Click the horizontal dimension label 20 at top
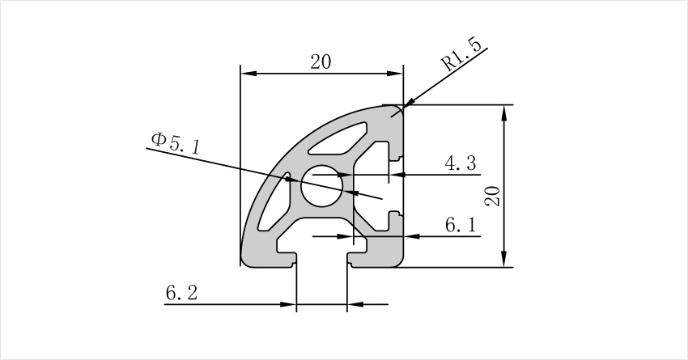321,61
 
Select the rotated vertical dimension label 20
492,196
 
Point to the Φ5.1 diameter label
176,143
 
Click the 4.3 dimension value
460,163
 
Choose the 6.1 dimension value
461,225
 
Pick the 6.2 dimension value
181,293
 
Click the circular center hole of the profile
321,186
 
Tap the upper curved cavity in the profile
338,139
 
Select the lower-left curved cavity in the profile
274,201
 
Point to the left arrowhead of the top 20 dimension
248,74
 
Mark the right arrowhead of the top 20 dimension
395,74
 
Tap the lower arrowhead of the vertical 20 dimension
504,259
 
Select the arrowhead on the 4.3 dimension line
397,175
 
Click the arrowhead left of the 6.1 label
411,236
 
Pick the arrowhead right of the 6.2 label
288,304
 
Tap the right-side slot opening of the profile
397,186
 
